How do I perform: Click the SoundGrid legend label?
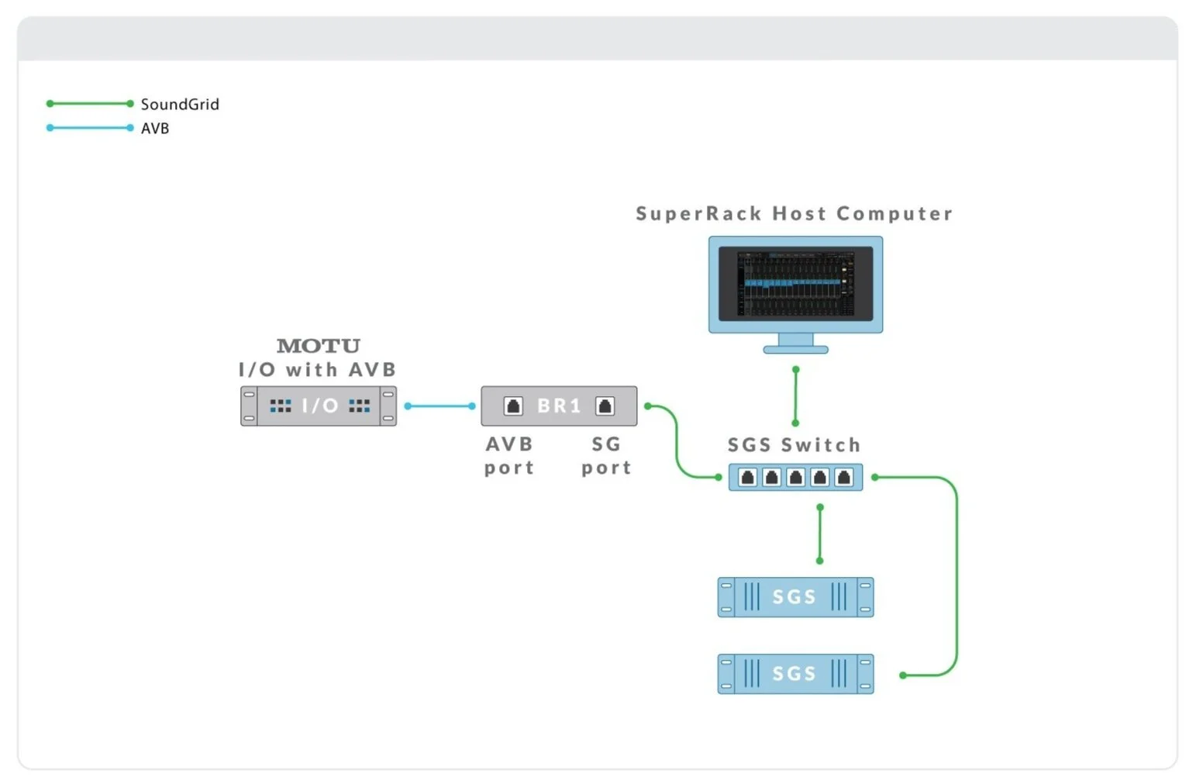pyautogui.click(x=180, y=104)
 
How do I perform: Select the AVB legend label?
pyautogui.click(x=155, y=128)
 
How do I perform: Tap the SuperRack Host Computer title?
pyautogui.click(x=794, y=213)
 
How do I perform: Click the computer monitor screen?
pyautogui.click(x=795, y=283)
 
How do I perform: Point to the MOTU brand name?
pyautogui.click(x=319, y=346)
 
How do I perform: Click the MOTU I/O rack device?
pyautogui.click(x=319, y=406)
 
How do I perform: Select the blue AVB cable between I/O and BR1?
pyautogui.click(x=439, y=406)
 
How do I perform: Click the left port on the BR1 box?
pyautogui.click(x=513, y=406)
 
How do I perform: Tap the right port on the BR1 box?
pyautogui.click(x=605, y=406)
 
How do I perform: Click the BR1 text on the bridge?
pyautogui.click(x=559, y=406)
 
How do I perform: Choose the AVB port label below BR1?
pyautogui.click(x=509, y=456)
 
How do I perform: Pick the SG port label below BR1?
pyautogui.click(x=606, y=456)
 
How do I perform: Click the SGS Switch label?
pyautogui.click(x=794, y=445)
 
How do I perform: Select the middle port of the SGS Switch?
pyautogui.click(x=795, y=477)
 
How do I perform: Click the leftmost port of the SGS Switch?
pyautogui.click(x=747, y=477)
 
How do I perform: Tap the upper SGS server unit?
pyautogui.click(x=795, y=597)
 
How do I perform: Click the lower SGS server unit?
pyautogui.click(x=795, y=674)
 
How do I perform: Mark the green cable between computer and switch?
pyautogui.click(x=795, y=396)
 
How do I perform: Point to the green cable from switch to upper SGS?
pyautogui.click(x=820, y=534)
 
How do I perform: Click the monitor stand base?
pyautogui.click(x=795, y=350)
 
